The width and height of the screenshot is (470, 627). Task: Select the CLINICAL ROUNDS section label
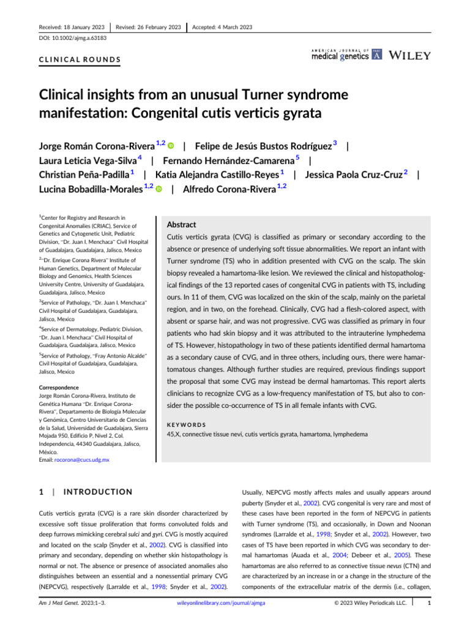[80, 61]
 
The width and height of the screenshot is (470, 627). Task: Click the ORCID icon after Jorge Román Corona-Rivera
[170, 146]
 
